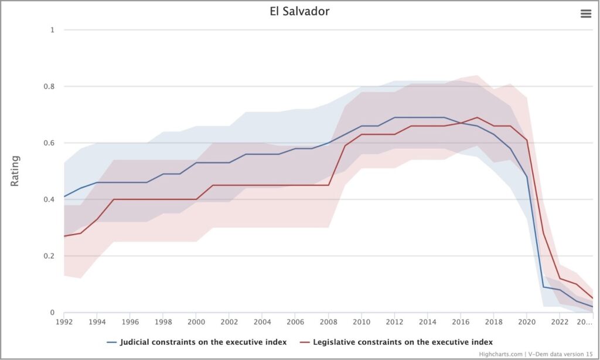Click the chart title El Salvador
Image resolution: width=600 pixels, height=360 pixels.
pos(299,11)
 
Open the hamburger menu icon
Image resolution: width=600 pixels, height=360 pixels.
pos(586,14)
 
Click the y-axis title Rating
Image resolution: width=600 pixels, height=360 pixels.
pos(15,171)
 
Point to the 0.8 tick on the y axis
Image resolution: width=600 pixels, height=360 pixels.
pos(49,87)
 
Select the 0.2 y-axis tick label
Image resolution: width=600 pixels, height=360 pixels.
pos(49,256)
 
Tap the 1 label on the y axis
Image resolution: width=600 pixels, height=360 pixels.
pos(52,30)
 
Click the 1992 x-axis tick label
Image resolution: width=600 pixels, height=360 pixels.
pos(64,322)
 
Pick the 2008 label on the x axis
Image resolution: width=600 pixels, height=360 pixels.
pos(328,322)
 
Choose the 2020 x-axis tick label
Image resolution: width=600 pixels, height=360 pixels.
pos(527,322)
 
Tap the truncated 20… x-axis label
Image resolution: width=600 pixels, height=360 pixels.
pos(584,322)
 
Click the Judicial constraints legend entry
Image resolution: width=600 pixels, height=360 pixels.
pos(197,342)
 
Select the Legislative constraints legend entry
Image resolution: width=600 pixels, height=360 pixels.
pos(397,342)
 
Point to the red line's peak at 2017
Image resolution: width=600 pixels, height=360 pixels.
pos(477,118)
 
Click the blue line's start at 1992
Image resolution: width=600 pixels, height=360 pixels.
pos(64,196)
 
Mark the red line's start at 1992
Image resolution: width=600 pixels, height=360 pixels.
pos(64,236)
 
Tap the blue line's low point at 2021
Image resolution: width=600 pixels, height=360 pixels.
pos(543,287)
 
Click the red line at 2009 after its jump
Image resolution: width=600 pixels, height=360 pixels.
pos(345,145)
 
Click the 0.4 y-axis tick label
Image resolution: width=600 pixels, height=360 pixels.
pos(49,199)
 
